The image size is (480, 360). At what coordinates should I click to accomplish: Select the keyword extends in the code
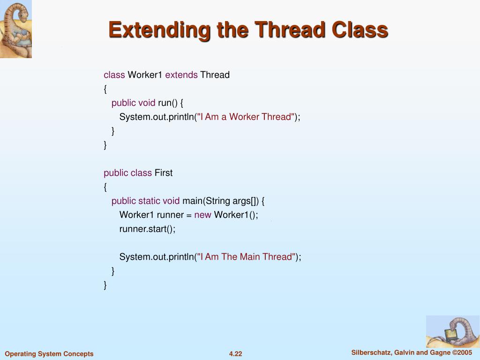click(x=181, y=75)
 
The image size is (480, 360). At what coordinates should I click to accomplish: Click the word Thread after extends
click(x=215, y=75)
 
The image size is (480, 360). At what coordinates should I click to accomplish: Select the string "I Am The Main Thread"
click(x=247, y=256)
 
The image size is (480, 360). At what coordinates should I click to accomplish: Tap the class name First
click(x=164, y=173)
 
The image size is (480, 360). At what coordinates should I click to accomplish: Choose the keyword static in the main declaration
click(x=149, y=201)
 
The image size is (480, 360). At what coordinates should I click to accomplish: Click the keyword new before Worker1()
click(x=202, y=215)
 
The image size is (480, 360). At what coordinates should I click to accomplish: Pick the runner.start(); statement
click(x=147, y=229)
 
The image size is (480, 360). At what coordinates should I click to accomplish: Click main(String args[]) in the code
click(x=220, y=201)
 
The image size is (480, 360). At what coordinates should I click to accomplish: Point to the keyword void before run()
click(x=147, y=103)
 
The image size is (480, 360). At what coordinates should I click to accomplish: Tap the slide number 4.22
click(x=235, y=354)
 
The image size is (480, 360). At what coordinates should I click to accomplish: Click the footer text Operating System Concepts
click(x=49, y=354)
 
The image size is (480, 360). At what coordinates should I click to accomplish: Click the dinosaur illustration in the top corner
click(x=15, y=29)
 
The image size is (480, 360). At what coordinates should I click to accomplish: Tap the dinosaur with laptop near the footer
click(x=452, y=331)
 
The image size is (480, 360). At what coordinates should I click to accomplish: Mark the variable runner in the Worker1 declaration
click(x=167, y=215)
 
